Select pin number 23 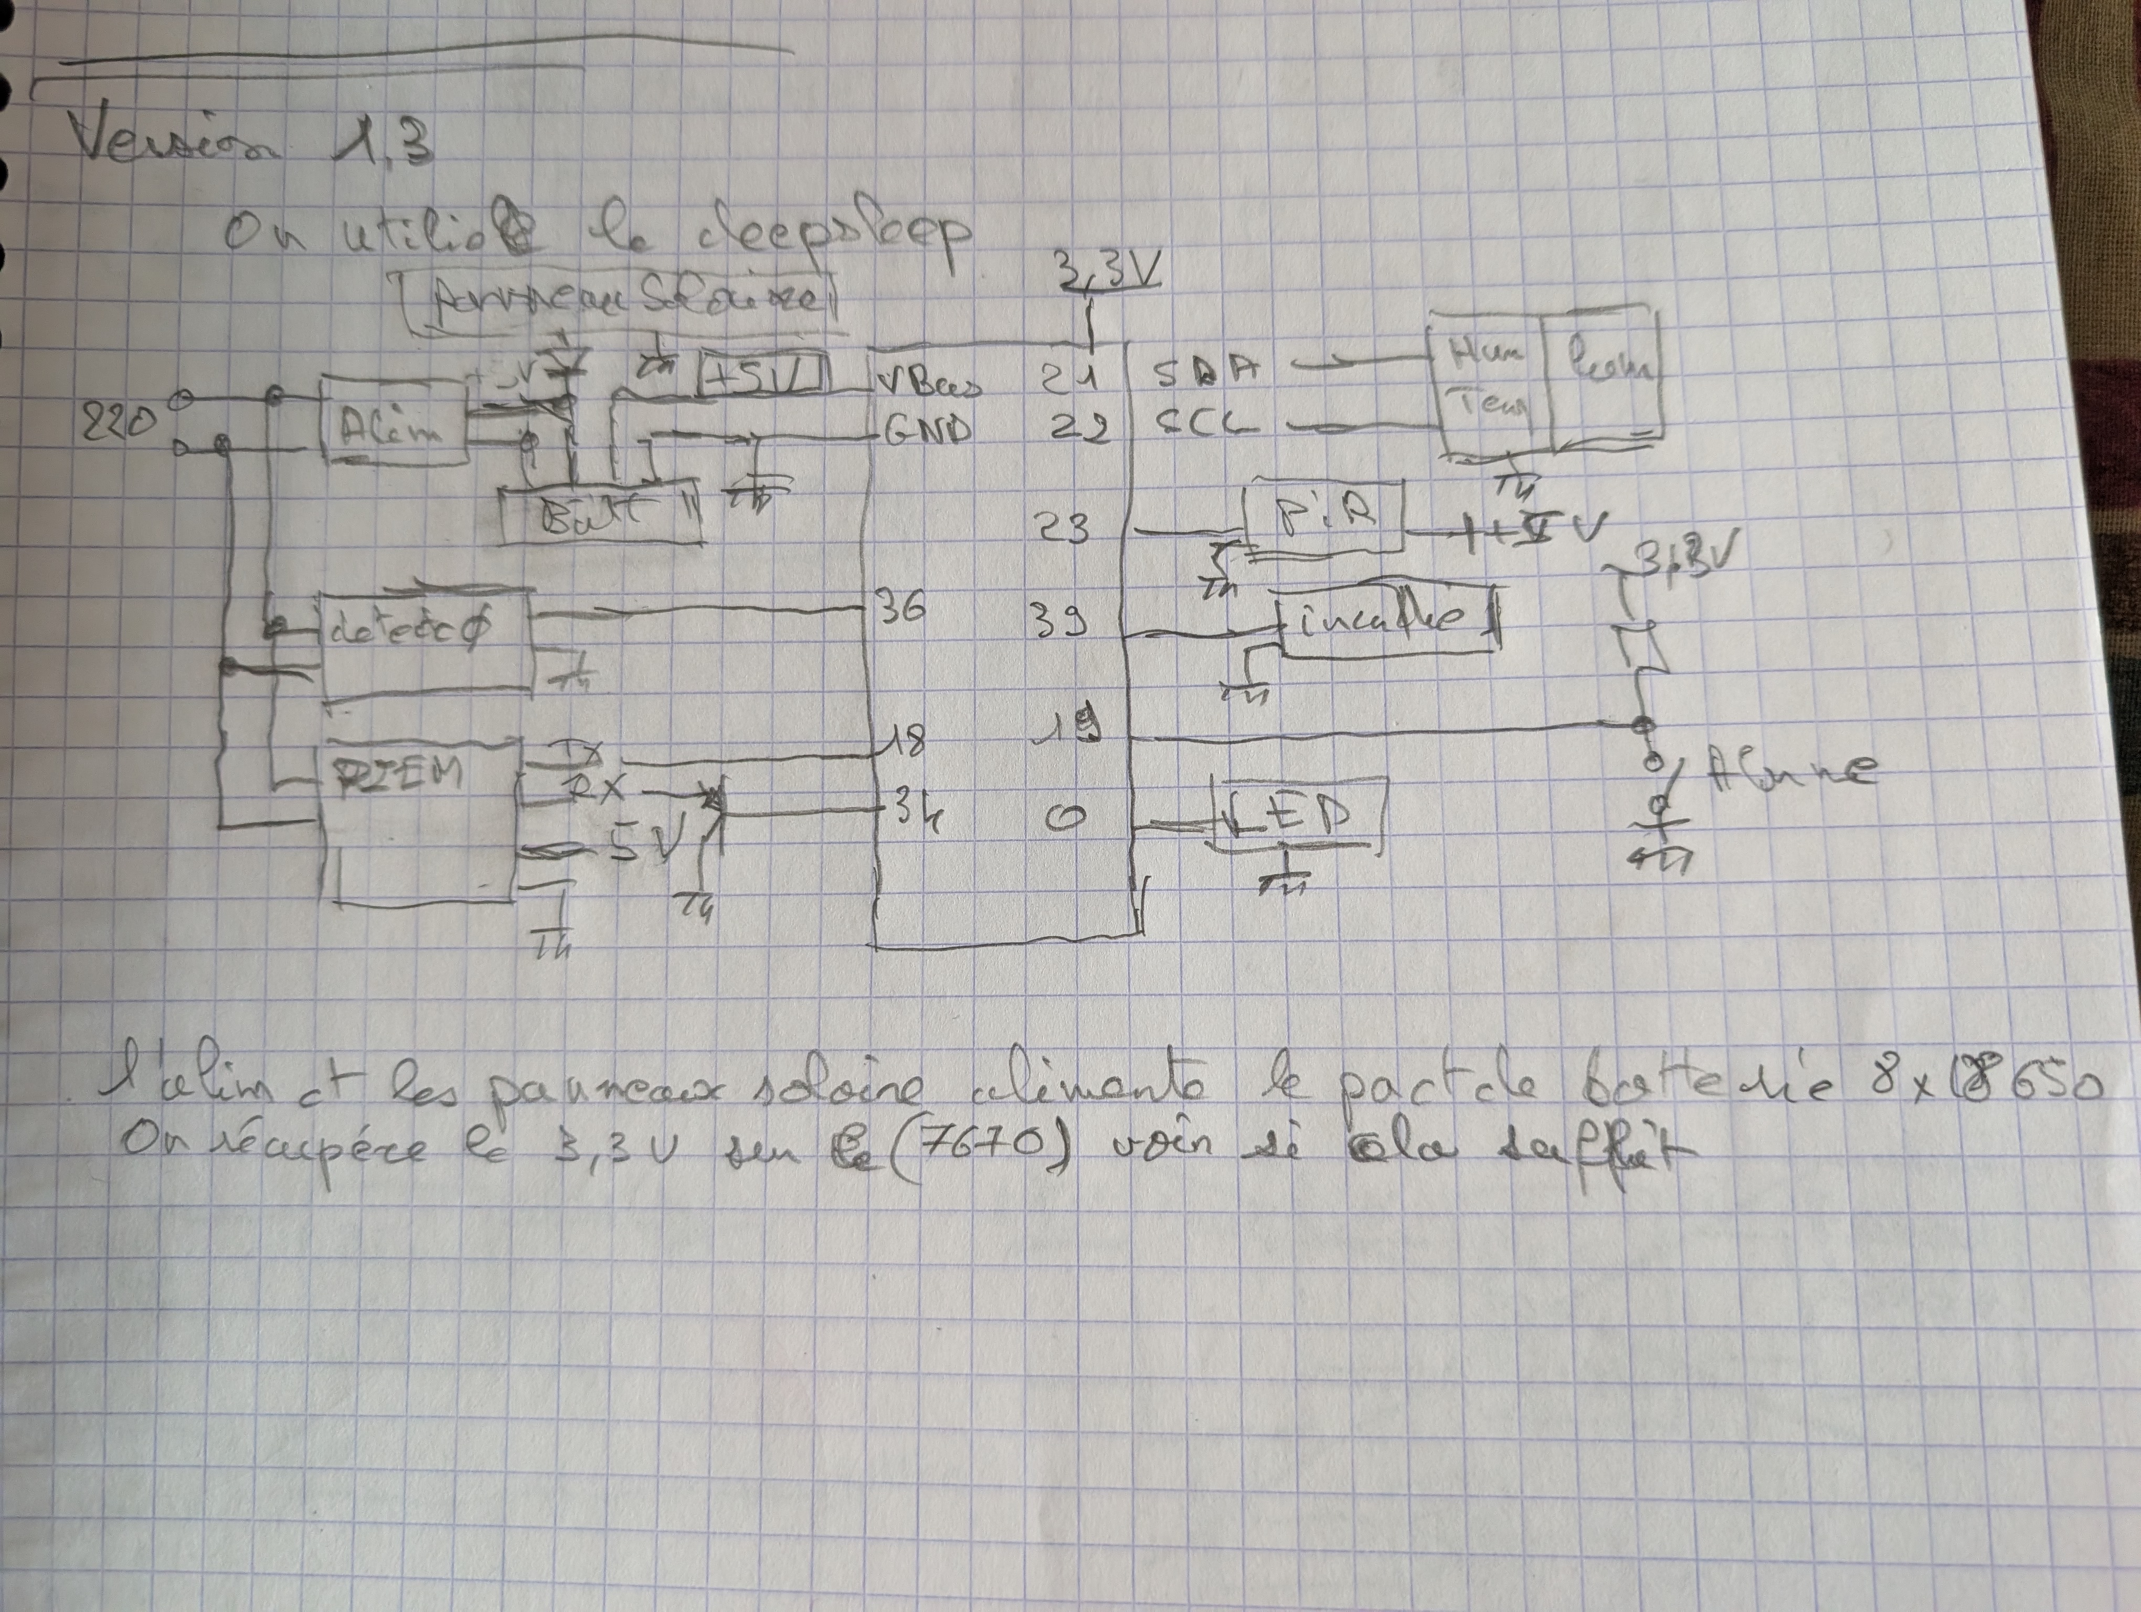(x=1063, y=529)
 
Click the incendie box (x=1384, y=619)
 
